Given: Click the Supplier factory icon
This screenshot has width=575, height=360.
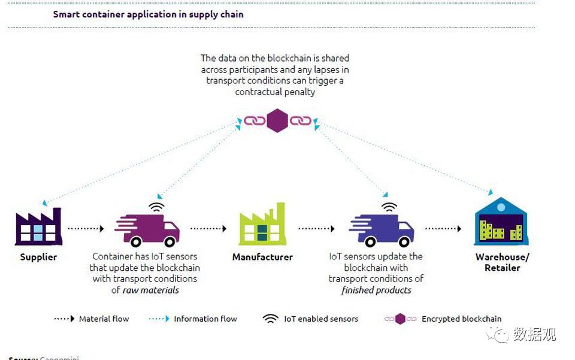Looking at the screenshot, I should tap(38, 227).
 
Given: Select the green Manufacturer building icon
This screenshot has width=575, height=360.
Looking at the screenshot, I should tap(262, 225).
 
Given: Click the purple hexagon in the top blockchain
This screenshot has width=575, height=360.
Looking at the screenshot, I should tap(277, 120).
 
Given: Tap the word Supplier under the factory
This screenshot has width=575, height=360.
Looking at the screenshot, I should tap(38, 257).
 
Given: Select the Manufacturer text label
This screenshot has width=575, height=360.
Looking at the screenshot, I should tap(262, 257).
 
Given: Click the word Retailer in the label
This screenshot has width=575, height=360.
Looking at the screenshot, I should tap(502, 268).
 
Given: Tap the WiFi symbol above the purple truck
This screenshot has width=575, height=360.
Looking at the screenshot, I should tap(157, 207).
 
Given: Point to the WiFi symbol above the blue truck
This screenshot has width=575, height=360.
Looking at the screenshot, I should tap(389, 207).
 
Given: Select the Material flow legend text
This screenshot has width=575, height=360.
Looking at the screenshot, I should tap(104, 319).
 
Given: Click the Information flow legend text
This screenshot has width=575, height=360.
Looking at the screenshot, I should tap(205, 319).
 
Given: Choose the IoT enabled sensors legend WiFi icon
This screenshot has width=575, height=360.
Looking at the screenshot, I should tap(271, 319).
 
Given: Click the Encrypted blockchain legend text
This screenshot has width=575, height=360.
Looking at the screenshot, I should tap(461, 319).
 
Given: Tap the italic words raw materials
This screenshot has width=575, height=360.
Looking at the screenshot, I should tap(151, 290).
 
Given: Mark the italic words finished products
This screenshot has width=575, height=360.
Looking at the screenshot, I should tap(376, 290).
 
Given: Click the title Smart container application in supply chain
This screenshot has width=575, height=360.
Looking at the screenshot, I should tap(148, 14).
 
